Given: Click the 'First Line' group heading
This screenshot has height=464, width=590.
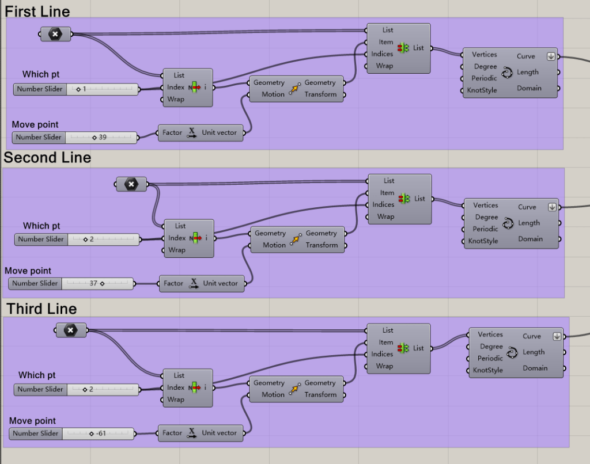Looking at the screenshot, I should pyautogui.click(x=37, y=11).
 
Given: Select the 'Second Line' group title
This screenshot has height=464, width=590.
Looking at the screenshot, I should pyautogui.click(x=47, y=158).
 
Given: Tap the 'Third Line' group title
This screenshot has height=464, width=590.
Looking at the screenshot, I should pyautogui.click(x=41, y=309).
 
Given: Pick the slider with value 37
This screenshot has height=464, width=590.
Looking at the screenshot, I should pyautogui.click(x=98, y=283).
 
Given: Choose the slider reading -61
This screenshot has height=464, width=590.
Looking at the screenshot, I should pyautogui.click(x=98, y=433).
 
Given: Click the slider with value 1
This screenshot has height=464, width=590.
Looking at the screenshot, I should pyautogui.click(x=103, y=89).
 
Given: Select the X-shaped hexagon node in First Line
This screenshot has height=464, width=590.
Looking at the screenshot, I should pyautogui.click(x=55, y=35).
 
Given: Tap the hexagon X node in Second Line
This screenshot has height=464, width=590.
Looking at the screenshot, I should pyautogui.click(x=131, y=184).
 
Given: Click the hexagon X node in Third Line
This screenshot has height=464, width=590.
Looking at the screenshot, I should pyautogui.click(x=70, y=330).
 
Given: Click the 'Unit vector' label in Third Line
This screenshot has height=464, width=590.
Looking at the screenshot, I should pyautogui.click(x=219, y=433).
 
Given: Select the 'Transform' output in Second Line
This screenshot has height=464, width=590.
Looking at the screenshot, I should pyautogui.click(x=322, y=245).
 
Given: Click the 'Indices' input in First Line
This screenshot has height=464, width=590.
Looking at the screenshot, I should pyautogui.click(x=381, y=54).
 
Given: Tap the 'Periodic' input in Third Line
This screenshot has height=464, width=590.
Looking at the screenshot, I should pyautogui.click(x=490, y=358).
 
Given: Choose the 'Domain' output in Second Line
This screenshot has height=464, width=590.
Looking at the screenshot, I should pyautogui.click(x=530, y=239).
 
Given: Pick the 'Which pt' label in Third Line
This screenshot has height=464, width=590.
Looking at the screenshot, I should pyautogui.click(x=37, y=375).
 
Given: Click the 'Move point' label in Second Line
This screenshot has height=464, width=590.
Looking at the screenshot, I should pyautogui.click(x=28, y=271).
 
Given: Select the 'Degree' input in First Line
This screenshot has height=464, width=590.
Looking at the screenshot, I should pyautogui.click(x=485, y=67).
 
